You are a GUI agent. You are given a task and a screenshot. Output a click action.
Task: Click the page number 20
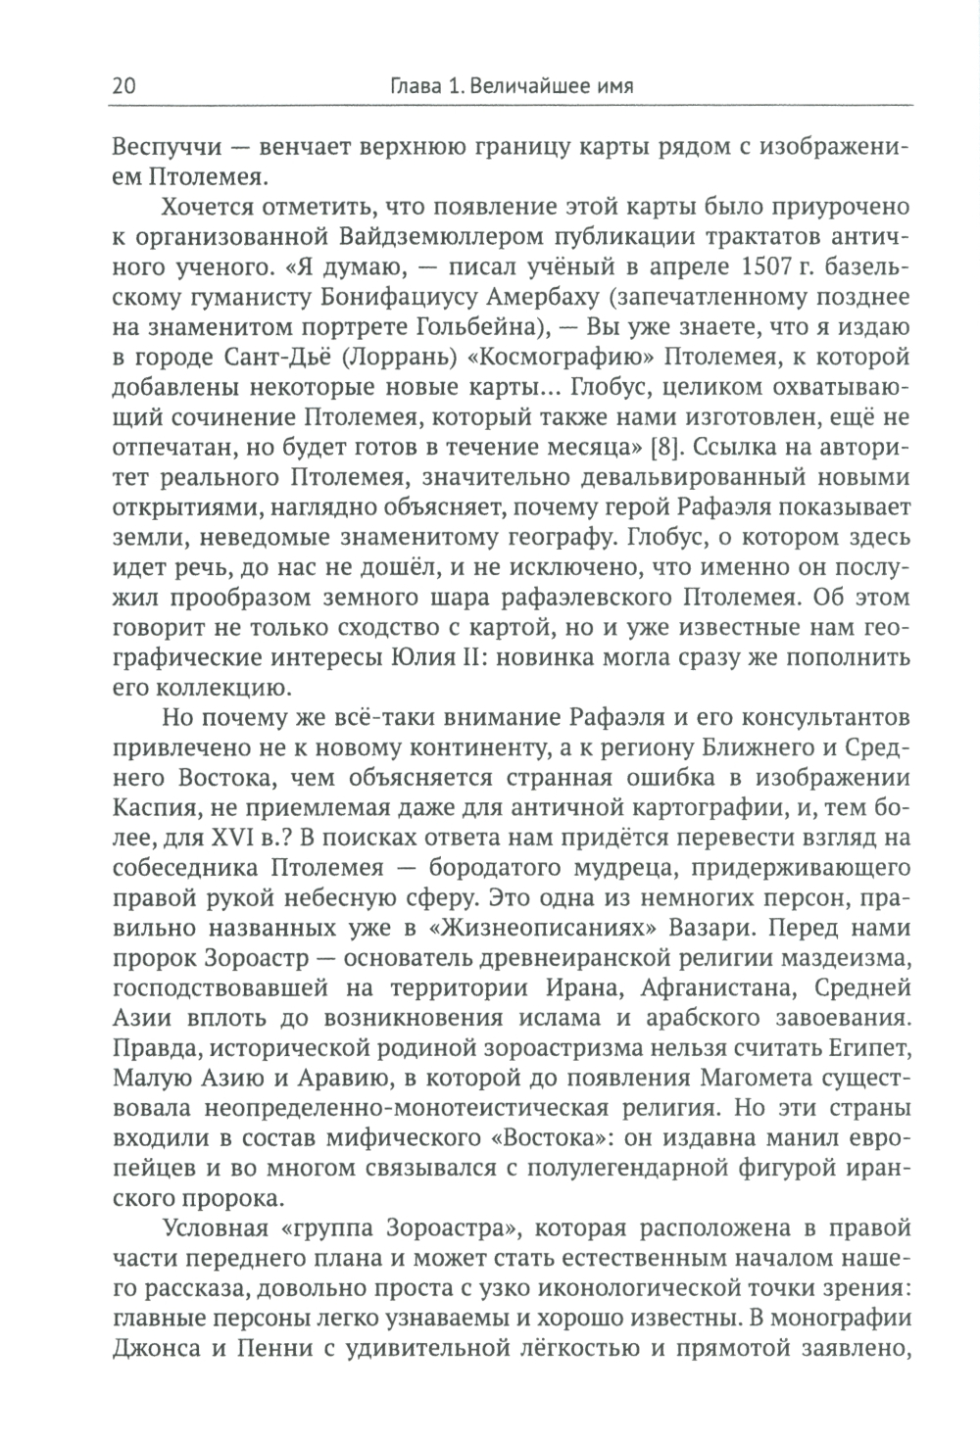[124, 86]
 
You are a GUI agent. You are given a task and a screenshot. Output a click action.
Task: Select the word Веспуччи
[162, 151]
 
